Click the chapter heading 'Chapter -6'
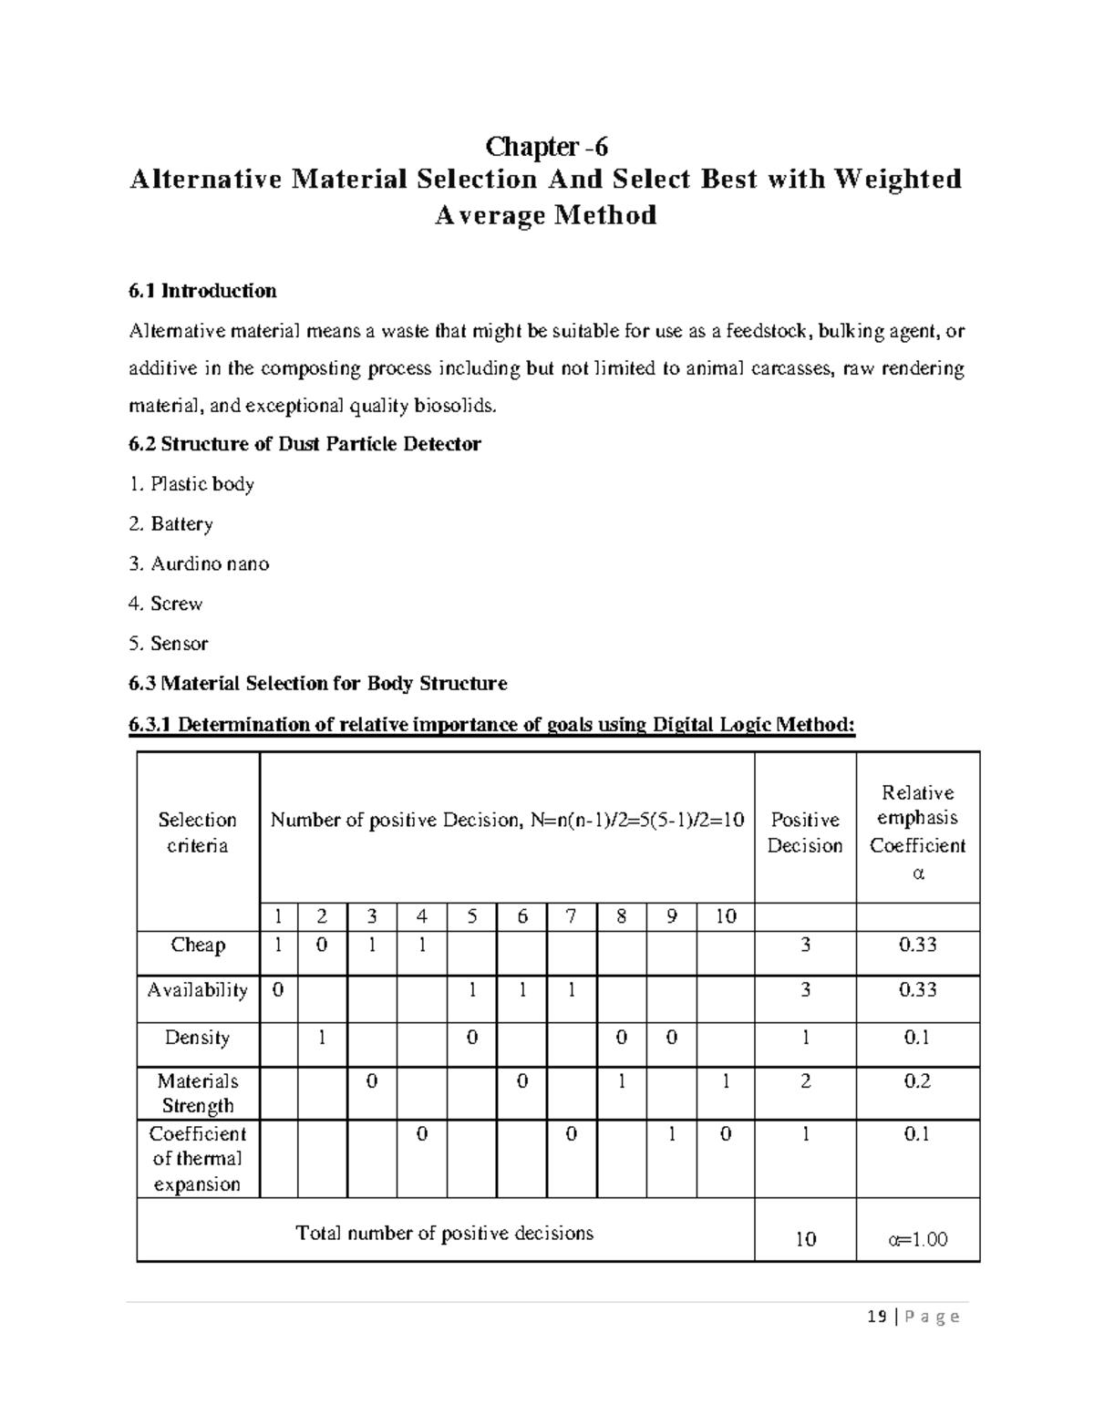pos(546,146)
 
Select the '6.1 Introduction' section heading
pos(202,291)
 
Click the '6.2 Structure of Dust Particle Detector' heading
pos(304,444)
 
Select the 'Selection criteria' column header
pos(197,832)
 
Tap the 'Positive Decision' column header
pos(804,832)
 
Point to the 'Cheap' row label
pos(197,945)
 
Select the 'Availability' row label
pos(197,990)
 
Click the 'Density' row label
pos(197,1038)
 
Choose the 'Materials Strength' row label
pos(197,1093)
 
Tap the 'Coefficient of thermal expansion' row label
pos(197,1159)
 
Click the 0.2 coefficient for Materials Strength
pos(917,1081)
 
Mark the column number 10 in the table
pos(725,917)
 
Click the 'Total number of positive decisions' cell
pos(445,1234)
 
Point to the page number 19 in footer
pos(877,1317)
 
